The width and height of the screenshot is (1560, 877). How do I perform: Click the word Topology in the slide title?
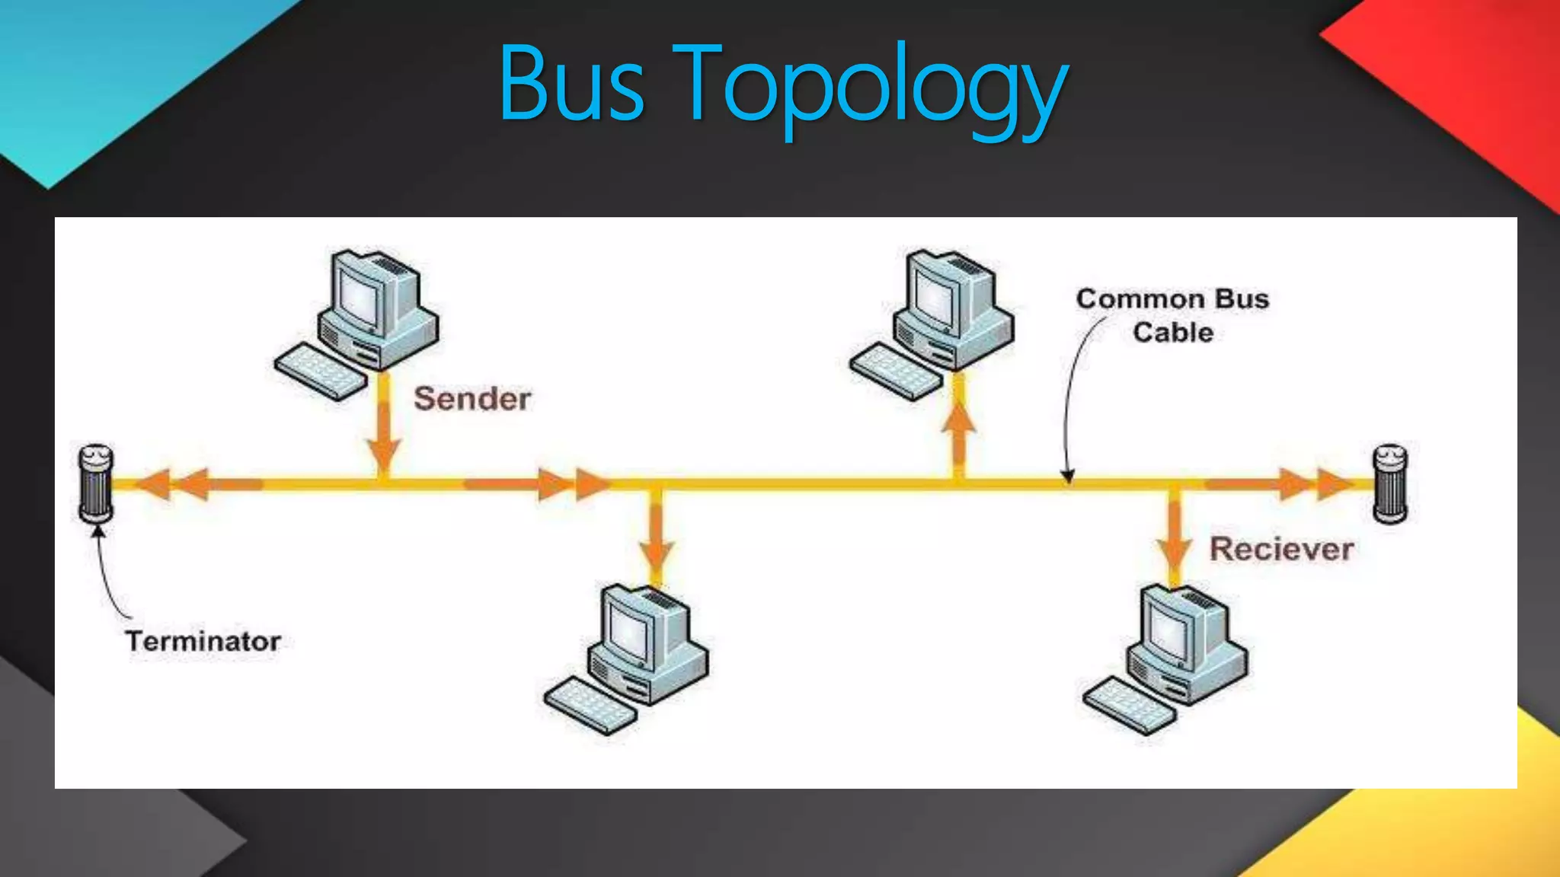[876, 88]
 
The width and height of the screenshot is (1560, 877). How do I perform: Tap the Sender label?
[472, 399]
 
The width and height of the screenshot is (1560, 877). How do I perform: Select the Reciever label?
[1282, 549]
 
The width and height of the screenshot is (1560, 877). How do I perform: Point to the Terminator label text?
[203, 641]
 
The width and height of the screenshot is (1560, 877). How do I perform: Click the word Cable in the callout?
[1173, 333]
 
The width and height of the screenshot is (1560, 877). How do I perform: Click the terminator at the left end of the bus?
[97, 483]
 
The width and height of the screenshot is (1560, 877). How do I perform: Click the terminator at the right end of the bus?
[1390, 483]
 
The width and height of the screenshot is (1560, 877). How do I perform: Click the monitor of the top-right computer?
[938, 293]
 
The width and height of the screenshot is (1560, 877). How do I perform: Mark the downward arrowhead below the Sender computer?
[384, 454]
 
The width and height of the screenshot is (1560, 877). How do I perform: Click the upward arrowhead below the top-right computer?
[959, 419]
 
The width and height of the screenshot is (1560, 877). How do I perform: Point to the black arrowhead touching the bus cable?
[1069, 477]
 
